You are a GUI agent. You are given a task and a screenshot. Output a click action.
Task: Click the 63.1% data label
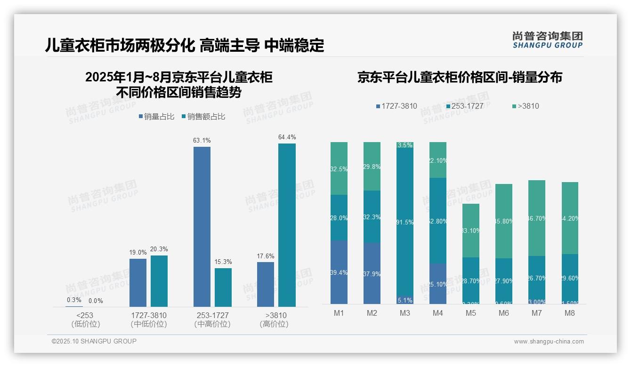202,140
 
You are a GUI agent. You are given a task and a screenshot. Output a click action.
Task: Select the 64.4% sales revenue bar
287,225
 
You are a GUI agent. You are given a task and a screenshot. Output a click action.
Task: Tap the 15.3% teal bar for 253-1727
223,287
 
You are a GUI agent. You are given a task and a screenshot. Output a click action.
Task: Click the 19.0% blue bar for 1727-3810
138,282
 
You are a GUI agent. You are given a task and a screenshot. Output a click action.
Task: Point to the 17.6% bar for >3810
266,284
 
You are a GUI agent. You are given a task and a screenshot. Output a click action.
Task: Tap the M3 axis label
405,313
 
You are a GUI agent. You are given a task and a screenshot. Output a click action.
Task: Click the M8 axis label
570,313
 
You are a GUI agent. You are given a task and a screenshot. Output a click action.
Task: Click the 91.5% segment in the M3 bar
405,221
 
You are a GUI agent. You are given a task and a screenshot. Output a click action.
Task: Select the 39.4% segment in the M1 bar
339,272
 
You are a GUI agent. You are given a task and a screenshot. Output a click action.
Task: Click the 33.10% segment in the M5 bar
471,231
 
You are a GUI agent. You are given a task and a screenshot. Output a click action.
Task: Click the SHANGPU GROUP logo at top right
547,40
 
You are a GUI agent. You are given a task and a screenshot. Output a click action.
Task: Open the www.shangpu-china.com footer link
549,342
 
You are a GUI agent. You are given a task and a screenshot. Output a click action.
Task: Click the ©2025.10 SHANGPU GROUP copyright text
94,341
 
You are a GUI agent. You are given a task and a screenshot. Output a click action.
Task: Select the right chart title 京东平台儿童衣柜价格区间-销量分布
460,78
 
